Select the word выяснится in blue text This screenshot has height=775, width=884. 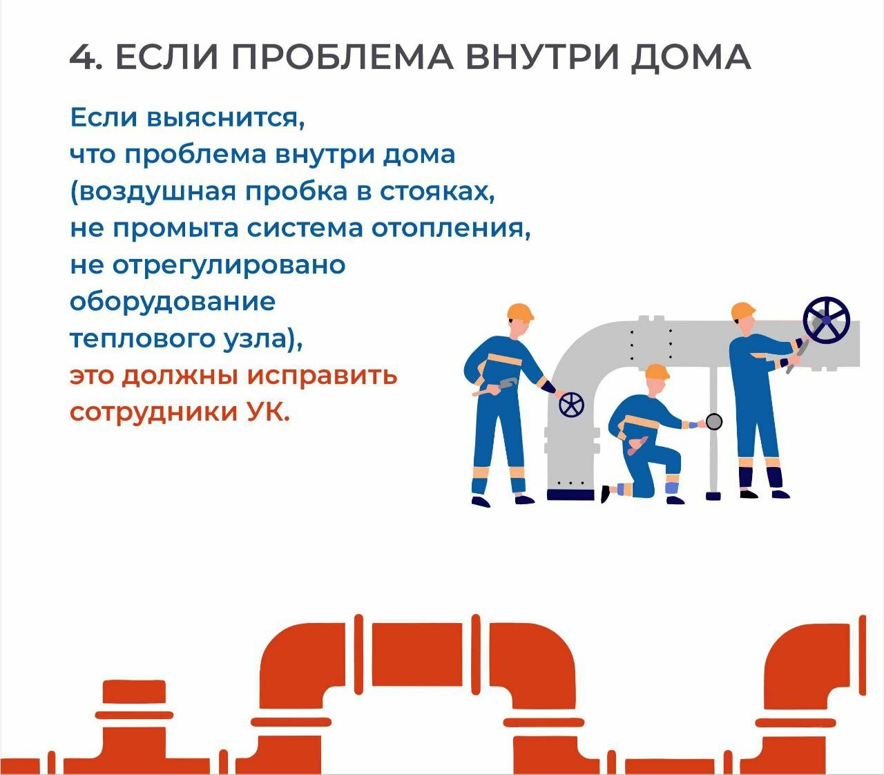[225, 118]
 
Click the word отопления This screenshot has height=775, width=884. [451, 228]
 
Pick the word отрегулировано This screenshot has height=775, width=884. [229, 266]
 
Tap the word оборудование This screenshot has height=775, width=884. [173, 302]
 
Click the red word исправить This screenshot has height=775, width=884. [322, 375]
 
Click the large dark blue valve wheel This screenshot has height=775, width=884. [827, 320]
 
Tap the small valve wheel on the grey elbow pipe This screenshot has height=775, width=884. [571, 405]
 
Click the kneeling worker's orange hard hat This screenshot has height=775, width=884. [657, 372]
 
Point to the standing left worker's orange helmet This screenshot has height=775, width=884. [520, 312]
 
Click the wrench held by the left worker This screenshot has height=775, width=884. [497, 387]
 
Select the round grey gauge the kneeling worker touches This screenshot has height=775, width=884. [714, 421]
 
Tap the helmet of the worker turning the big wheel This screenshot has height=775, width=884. [743, 310]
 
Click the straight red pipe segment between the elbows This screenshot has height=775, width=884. [416, 653]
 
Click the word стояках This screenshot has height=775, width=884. [437, 192]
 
